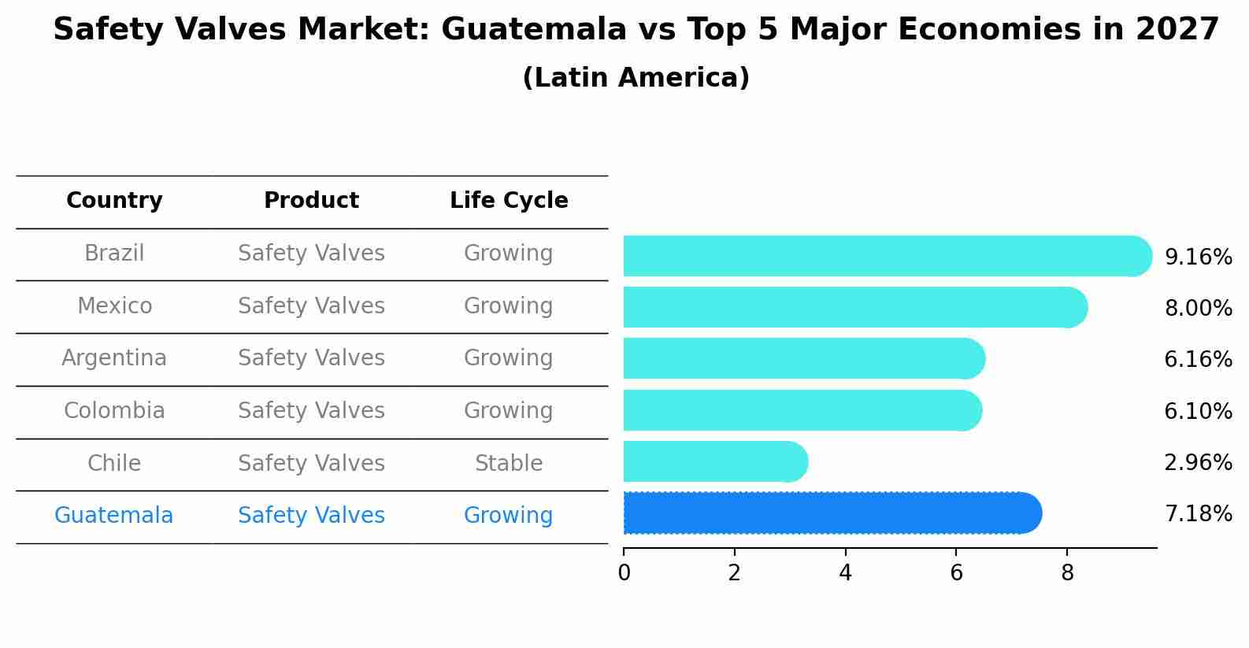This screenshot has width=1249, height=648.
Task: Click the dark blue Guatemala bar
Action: coord(831,513)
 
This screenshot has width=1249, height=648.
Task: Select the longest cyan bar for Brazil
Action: coord(886,256)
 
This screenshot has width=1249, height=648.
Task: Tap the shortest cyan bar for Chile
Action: coord(714,461)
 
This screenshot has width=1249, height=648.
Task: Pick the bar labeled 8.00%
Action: coord(854,307)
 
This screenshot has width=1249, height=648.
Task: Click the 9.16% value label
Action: coord(1198,257)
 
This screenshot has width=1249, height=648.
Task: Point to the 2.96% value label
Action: coord(1198,463)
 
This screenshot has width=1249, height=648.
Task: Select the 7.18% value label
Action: coord(1198,514)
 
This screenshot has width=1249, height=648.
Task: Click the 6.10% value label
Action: coord(1198,412)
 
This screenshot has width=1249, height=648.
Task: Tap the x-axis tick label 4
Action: coord(845,573)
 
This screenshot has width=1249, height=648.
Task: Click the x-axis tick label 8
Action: coord(1067,573)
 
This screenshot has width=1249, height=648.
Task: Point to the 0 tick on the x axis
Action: coord(624,573)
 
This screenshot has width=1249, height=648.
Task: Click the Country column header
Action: coord(114,201)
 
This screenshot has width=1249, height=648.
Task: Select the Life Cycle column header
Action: coord(509,201)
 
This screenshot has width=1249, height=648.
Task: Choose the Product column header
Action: coord(311,201)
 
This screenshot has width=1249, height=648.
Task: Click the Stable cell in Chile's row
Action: coord(509,464)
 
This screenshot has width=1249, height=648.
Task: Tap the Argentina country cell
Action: coord(114,358)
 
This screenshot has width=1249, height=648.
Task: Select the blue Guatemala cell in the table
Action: coord(114,516)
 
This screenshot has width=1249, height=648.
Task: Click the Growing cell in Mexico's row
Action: coord(509,306)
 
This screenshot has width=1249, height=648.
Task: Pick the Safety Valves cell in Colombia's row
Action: coord(311,411)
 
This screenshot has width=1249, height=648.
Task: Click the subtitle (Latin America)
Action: coord(636,78)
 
